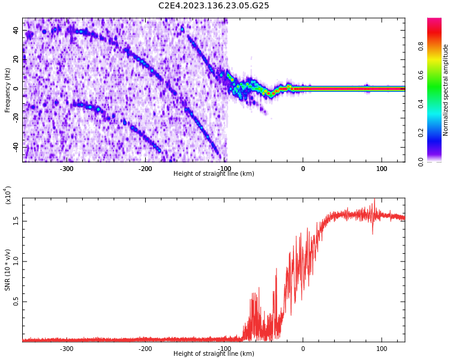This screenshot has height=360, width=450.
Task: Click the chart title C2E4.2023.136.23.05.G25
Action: coord(214,6)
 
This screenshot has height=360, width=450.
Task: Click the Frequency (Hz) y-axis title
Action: coord(8,90)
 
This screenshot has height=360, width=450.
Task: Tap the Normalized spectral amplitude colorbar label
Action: coord(446,90)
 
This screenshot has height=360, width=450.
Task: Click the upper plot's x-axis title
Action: coord(214,174)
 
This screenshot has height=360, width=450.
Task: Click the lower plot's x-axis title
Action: coord(214,354)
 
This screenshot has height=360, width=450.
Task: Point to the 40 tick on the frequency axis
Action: coord(15,30)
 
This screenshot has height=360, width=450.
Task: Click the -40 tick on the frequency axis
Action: coord(14,147)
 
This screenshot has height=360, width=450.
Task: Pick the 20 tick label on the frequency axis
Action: coord(15,59)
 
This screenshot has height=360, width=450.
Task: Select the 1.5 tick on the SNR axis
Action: coord(16,220)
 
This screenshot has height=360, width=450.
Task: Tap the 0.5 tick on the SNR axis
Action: coord(16,301)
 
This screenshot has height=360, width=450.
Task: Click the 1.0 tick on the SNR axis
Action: coord(16,261)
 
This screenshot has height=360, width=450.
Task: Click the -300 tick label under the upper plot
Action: coord(67,169)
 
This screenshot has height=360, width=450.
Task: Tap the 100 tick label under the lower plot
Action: coord(382,349)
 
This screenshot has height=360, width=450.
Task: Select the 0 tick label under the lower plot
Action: coord(303,349)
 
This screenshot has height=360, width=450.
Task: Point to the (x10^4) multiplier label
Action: coord(8,195)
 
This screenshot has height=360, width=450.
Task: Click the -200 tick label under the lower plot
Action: coord(145,349)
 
